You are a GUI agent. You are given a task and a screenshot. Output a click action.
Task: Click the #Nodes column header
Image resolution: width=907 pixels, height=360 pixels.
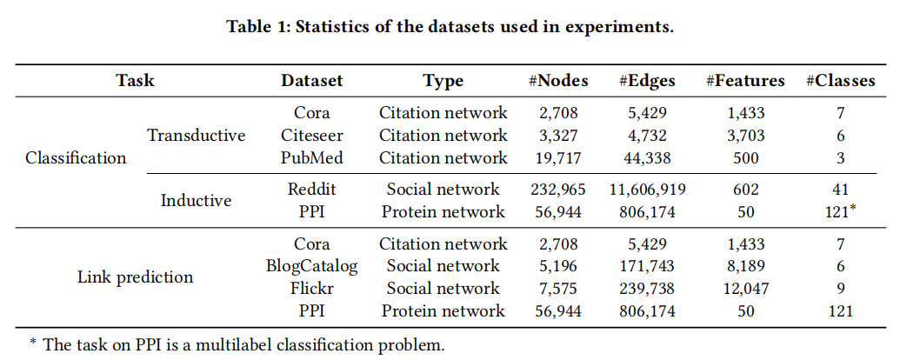tap(558, 81)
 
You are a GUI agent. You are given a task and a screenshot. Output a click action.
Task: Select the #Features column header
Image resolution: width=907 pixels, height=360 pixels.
tap(744, 81)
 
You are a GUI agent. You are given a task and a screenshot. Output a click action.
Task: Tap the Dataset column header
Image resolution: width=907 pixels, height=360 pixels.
tap(311, 81)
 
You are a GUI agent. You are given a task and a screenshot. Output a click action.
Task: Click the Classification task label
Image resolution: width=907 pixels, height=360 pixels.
tap(76, 158)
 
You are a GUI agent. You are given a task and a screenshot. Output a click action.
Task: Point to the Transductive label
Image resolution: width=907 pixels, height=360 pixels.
tap(197, 136)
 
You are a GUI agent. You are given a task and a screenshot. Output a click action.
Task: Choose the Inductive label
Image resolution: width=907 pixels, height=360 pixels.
tap(197, 201)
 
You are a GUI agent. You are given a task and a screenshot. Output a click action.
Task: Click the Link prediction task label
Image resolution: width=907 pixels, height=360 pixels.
tap(135, 277)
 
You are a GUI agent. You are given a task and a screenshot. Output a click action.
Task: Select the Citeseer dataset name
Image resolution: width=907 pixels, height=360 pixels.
tap(311, 136)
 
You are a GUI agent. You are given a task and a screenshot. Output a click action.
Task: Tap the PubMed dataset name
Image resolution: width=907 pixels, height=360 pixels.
tap(311, 158)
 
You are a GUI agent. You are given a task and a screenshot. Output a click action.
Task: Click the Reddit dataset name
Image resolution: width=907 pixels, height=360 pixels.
tap(311, 190)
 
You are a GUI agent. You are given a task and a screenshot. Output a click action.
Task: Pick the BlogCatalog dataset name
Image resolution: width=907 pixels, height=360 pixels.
tap(311, 266)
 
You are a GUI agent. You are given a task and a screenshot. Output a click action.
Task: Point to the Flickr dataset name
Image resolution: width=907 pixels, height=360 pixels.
tap(311, 289)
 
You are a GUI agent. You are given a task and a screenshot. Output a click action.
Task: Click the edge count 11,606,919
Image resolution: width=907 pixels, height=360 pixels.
tap(649, 190)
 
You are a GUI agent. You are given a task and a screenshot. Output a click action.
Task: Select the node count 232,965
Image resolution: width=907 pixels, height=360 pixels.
tap(558, 190)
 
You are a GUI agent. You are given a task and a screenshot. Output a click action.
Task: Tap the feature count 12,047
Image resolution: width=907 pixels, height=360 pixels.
tap(744, 289)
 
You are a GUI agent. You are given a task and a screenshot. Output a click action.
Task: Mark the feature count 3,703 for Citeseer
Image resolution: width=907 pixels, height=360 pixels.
tap(744, 136)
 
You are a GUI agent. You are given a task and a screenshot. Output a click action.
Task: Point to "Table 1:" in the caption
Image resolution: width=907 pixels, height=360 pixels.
tap(258, 26)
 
